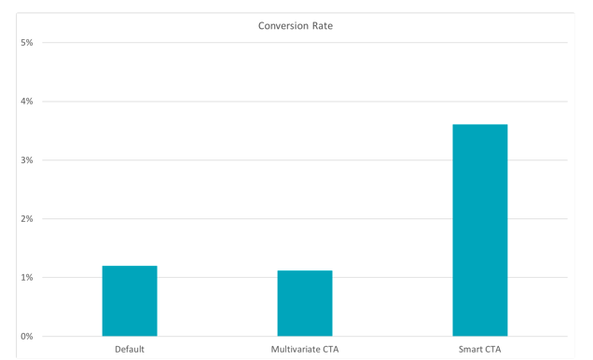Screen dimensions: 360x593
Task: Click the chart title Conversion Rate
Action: click(295, 26)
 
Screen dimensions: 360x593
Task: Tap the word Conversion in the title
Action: click(284, 26)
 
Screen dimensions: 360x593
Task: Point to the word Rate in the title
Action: click(322, 26)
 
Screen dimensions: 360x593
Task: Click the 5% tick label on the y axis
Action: click(26, 43)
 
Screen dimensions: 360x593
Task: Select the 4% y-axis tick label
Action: click(26, 102)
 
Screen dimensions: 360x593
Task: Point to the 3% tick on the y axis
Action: click(26, 160)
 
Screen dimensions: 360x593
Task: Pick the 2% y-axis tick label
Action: click(26, 219)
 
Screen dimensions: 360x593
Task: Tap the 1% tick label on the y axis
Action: click(26, 278)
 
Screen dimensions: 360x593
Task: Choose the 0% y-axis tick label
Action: click(26, 337)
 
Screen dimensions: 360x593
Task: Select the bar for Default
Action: click(130, 301)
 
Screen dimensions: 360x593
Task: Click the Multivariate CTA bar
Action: click(305, 303)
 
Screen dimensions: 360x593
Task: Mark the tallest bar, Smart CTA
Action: click(480, 230)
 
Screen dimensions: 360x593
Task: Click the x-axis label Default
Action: click(130, 350)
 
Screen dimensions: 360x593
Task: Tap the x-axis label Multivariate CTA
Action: click(305, 350)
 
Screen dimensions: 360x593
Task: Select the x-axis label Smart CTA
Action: click(480, 350)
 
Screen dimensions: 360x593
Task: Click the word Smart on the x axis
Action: click(471, 350)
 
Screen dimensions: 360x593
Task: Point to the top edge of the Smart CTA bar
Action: click(480, 125)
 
